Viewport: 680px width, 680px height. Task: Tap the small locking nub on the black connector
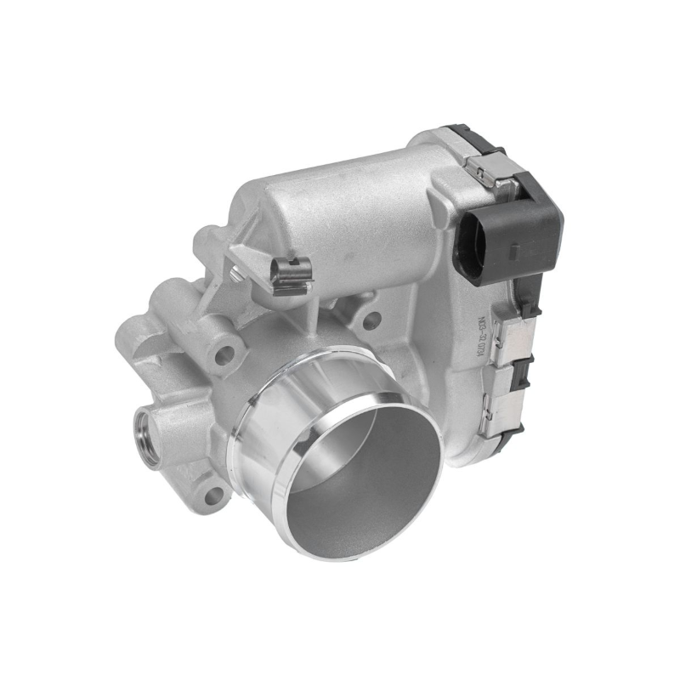[x=512, y=252]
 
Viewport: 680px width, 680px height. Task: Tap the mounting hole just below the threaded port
[x=211, y=494]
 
